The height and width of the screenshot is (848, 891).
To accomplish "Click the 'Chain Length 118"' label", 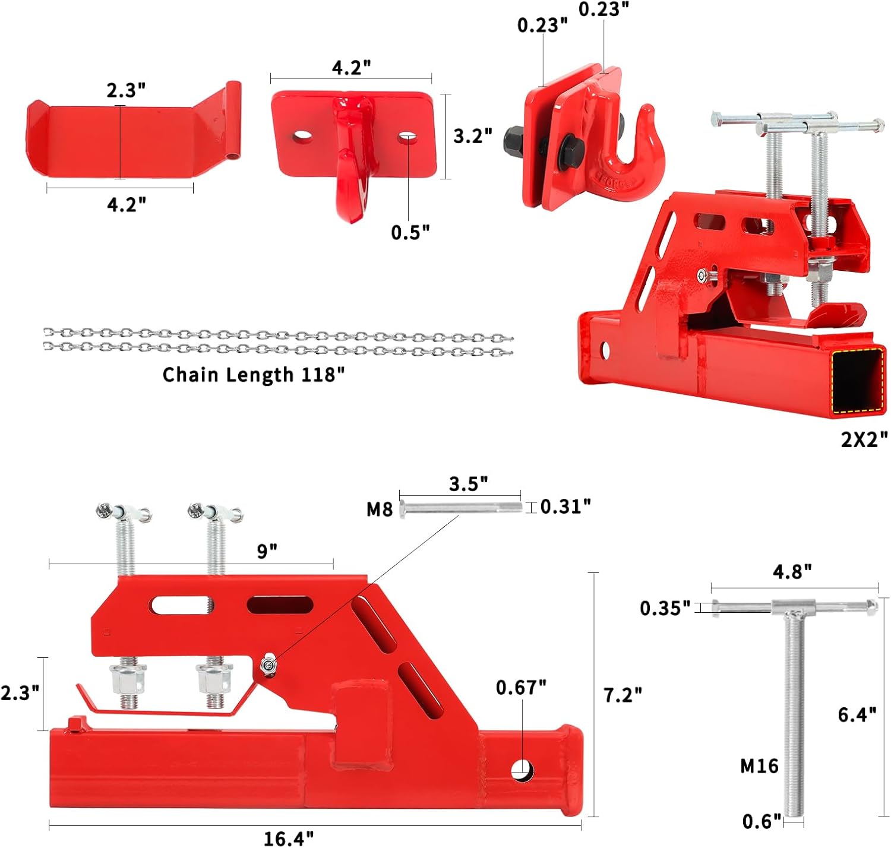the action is point(254,375).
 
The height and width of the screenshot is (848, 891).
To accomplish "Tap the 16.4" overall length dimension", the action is point(289,838).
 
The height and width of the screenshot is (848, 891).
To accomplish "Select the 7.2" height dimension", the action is point(623,695).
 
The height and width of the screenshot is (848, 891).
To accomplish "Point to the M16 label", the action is point(759,767).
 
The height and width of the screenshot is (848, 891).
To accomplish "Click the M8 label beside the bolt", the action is point(380,510).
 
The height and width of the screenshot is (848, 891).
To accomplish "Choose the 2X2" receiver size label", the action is point(864,439).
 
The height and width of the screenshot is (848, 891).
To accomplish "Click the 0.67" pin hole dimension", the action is point(521,688).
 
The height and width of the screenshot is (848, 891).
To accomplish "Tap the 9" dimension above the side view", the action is point(267,551).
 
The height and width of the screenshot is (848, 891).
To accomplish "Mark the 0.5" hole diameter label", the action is point(410,232).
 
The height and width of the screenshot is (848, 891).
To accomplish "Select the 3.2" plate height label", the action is point(473,136).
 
